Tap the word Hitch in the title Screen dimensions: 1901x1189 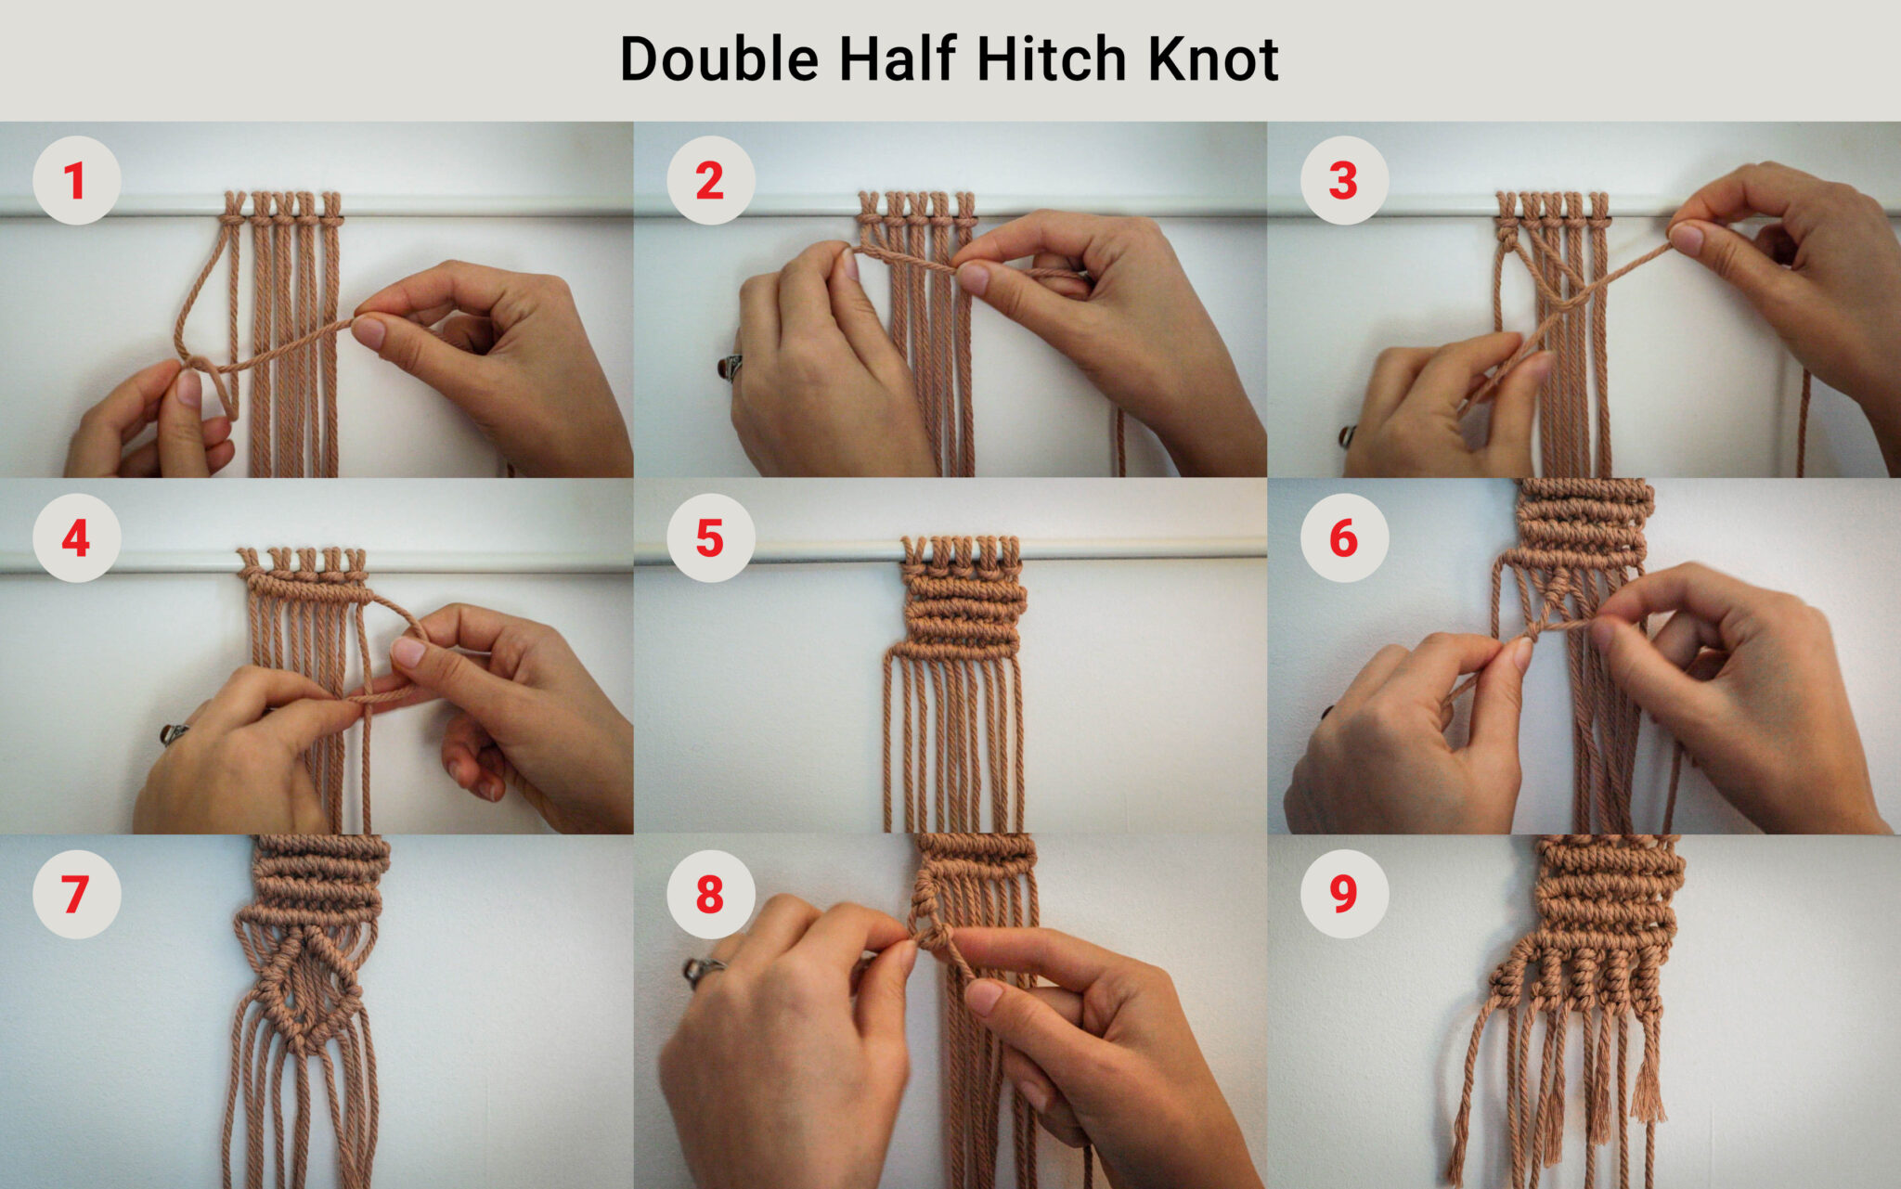coord(1052,59)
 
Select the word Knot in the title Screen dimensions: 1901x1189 coord(1213,59)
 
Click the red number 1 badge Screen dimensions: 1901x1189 coord(76,181)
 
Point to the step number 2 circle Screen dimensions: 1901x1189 coord(710,181)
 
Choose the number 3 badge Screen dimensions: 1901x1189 coord(1344,181)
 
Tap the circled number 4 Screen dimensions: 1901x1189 coord(76,538)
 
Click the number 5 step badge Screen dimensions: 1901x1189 coord(710,538)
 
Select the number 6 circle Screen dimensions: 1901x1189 coord(1344,538)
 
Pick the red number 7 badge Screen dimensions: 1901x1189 coord(76,895)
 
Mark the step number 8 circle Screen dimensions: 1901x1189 coord(710,895)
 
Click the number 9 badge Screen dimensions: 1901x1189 coord(1344,895)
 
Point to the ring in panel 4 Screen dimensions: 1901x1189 coord(173,735)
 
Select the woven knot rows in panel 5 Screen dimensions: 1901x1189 coord(963,608)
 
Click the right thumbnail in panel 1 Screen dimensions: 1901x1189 coord(369,332)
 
